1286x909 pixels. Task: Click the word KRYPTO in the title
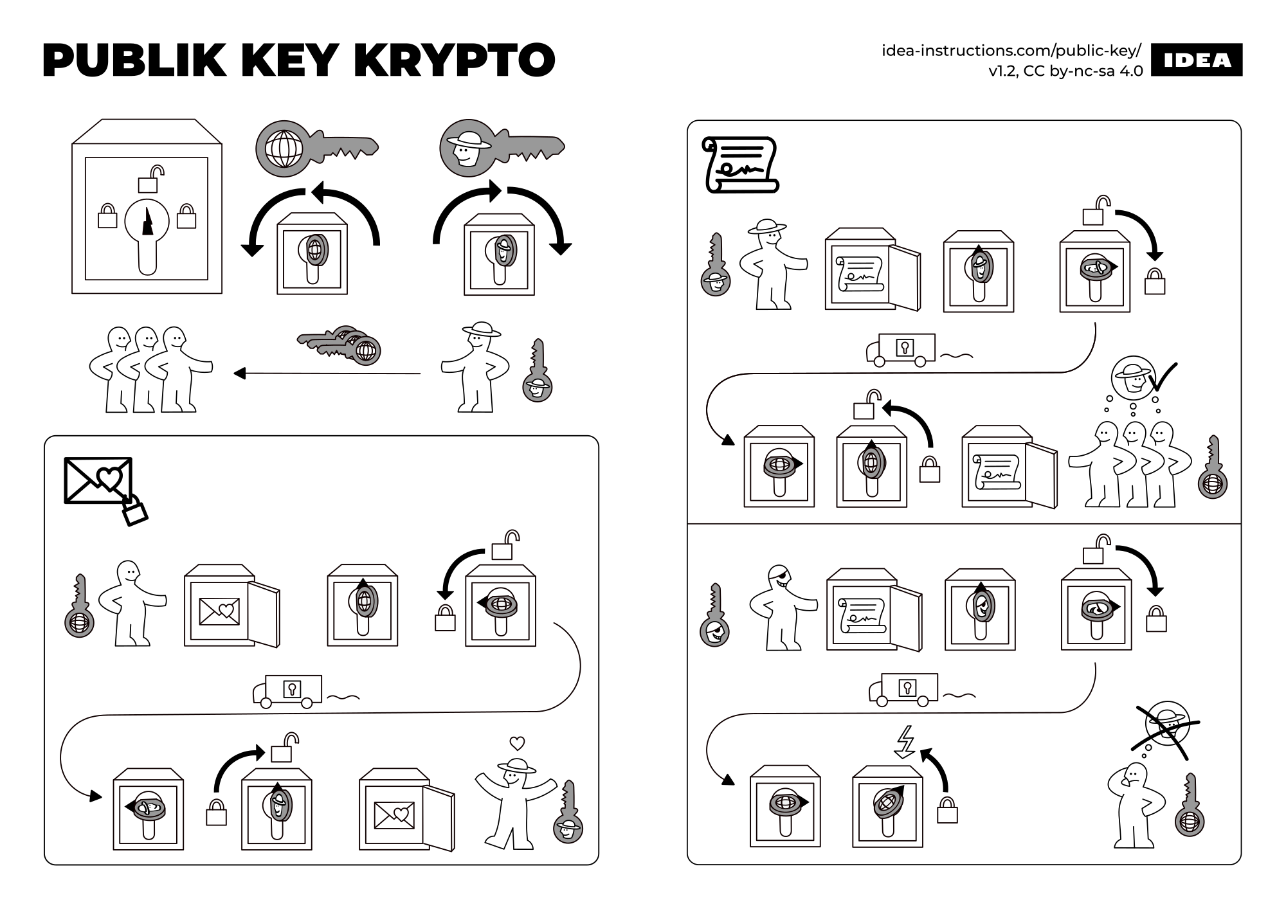point(454,60)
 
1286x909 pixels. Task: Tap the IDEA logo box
point(1197,60)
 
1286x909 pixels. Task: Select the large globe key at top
point(315,148)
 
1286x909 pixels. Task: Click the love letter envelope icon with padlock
point(103,487)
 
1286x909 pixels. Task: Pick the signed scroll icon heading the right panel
point(740,165)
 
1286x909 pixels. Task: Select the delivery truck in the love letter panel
point(288,692)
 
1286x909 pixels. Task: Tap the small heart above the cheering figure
point(516,744)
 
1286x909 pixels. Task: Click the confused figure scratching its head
point(1135,804)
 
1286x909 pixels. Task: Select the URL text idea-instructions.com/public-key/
point(1011,50)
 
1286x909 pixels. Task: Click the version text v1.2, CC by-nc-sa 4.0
point(1065,71)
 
